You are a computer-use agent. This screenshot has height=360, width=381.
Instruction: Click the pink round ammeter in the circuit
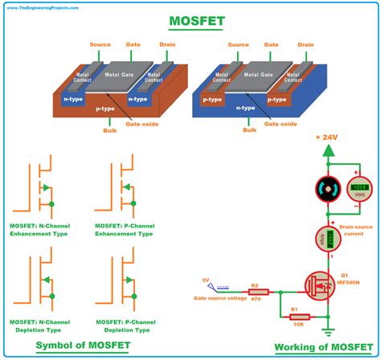coord(327,239)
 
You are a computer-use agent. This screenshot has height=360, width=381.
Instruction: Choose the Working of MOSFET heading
coord(322,347)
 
